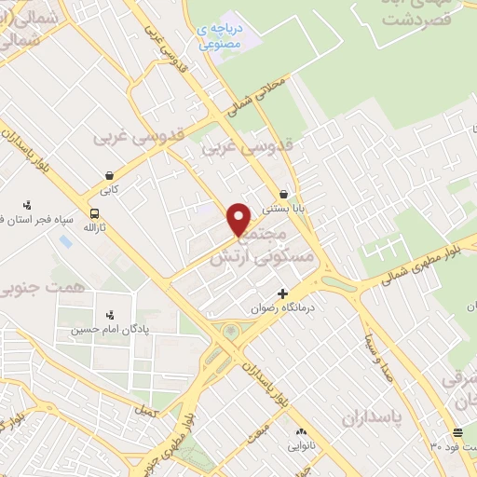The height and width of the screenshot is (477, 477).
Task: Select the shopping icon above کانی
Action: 111,174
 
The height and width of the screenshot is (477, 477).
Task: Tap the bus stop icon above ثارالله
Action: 94,212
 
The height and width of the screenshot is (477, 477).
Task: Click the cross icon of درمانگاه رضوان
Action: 283,293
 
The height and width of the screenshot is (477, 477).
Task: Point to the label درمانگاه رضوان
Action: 284,307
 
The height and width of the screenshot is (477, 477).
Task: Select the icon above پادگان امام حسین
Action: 110,313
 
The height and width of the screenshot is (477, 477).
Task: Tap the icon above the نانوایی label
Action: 301,432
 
